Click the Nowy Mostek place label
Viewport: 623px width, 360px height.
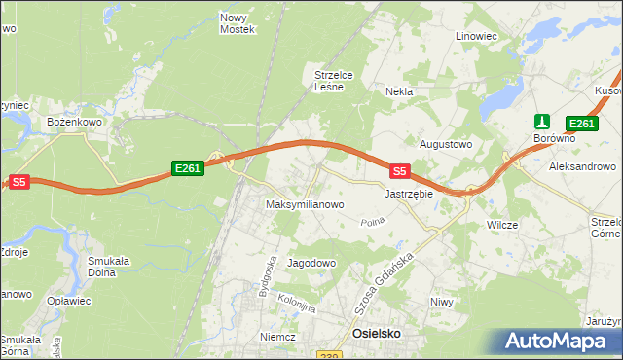pyautogui.click(x=238, y=23)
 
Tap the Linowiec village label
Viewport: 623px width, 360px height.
pyautogui.click(x=476, y=36)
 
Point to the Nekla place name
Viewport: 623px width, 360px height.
pyautogui.click(x=399, y=91)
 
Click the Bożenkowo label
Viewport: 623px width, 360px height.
pyautogui.click(x=69, y=122)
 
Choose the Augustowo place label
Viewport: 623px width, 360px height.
pyautogui.click(x=445, y=144)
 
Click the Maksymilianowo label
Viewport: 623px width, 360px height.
pyautogui.click(x=305, y=204)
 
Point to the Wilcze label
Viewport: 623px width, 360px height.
pyautogui.click(x=501, y=225)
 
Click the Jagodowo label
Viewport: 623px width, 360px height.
pyautogui.click(x=311, y=263)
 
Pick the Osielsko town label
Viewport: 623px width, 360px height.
pyautogui.click(x=375, y=333)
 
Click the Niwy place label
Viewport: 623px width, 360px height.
pyautogui.click(x=442, y=302)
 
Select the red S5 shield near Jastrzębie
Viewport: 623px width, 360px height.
pyautogui.click(x=399, y=171)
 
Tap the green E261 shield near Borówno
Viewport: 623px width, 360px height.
pyautogui.click(x=581, y=123)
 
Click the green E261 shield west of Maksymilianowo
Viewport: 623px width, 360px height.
pyautogui.click(x=187, y=168)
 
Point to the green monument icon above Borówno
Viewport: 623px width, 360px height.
pyautogui.click(x=543, y=123)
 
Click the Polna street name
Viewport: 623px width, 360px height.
pyautogui.click(x=373, y=223)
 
